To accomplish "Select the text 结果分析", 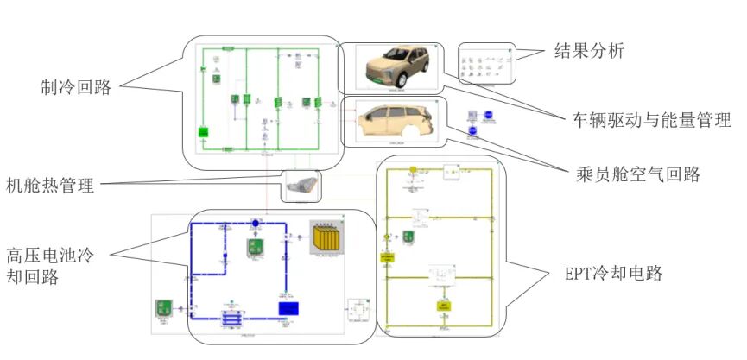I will pyautogui.click(x=589, y=51).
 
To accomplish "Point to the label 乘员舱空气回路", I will pyautogui.click(x=637, y=174).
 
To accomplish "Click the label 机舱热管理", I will pyautogui.click(x=50, y=185).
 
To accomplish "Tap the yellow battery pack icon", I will pyautogui.click(x=327, y=237).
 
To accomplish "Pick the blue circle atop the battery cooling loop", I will pyautogui.click(x=256, y=224).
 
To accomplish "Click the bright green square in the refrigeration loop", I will pyautogui.click(x=204, y=132).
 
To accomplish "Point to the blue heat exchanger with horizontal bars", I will pyautogui.click(x=231, y=318).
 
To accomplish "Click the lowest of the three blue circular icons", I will pyautogui.click(x=472, y=131).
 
